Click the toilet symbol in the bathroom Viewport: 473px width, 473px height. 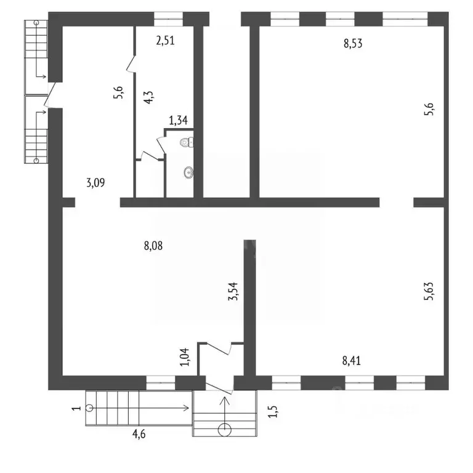187,142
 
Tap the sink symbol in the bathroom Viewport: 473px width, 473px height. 188,172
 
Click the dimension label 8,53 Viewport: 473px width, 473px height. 353,44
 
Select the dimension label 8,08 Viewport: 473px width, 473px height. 153,246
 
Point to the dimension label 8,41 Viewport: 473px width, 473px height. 352,360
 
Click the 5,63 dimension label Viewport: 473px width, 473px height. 429,291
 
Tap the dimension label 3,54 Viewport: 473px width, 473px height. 233,291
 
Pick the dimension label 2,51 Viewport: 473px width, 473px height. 165,41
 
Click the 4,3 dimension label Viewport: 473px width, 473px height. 148,97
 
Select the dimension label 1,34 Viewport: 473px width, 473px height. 178,120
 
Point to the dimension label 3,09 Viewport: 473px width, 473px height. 95,182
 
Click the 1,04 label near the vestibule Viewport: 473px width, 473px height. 185,357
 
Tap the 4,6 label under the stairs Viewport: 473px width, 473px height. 139,434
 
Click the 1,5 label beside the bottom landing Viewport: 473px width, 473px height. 272,411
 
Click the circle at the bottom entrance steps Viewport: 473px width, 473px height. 224,430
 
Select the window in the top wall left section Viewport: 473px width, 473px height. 168,19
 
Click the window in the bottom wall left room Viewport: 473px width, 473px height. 161,383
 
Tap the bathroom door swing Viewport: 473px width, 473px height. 161,145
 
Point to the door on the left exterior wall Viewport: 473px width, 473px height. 50,95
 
